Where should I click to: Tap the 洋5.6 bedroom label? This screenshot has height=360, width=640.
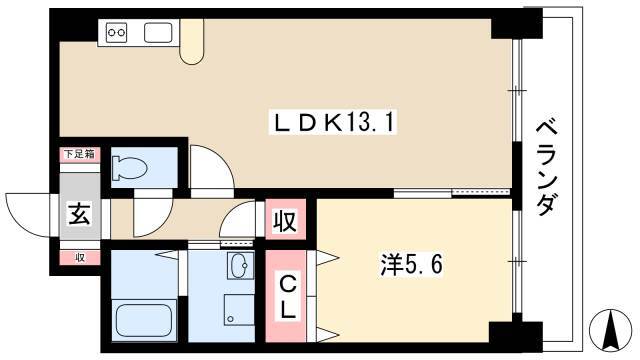[x=411, y=264]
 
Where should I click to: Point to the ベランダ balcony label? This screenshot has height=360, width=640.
[x=546, y=167]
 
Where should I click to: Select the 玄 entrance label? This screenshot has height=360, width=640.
[x=79, y=214]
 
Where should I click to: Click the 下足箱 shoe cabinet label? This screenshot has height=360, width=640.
[x=80, y=154]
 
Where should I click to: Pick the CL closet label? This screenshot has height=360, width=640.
[x=288, y=298]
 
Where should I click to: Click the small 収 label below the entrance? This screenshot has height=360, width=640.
[x=80, y=258]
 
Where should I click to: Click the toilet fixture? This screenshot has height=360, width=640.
[x=131, y=167]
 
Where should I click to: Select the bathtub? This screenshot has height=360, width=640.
[x=143, y=319]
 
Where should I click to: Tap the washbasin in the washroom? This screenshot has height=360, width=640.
[x=240, y=265]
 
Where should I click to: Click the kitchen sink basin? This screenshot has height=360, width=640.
[x=158, y=32]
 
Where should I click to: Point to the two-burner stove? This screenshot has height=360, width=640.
[x=117, y=32]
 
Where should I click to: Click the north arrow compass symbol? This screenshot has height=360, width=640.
[x=612, y=330]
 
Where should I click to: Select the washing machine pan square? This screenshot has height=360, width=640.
[x=239, y=309]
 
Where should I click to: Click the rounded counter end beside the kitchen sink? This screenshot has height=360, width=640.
[x=191, y=42]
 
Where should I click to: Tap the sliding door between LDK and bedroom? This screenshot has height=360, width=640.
[x=452, y=192]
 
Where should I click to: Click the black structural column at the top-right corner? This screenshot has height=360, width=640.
[x=517, y=24]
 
